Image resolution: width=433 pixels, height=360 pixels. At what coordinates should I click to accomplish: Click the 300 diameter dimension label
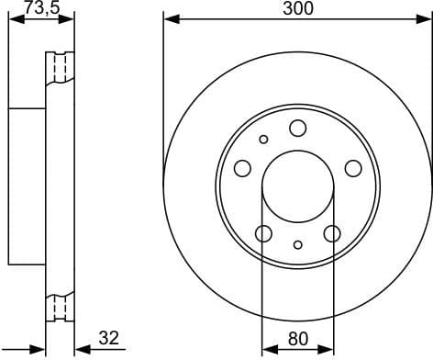298,8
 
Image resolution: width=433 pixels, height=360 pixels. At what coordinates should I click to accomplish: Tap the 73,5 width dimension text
40,8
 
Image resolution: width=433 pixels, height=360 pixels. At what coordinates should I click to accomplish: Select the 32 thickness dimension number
108,338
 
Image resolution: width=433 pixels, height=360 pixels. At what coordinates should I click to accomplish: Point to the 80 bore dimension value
298,338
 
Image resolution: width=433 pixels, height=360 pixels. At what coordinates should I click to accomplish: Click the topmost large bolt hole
298,128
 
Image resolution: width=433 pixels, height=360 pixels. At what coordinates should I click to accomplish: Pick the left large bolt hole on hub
243,168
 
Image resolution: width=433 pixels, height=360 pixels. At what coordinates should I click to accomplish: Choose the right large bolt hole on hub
353,168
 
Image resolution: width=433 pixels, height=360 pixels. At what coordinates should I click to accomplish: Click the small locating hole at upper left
264,140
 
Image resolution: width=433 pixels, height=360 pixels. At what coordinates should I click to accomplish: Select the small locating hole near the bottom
298,244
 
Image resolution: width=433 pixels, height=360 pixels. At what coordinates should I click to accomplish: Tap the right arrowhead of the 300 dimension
427,18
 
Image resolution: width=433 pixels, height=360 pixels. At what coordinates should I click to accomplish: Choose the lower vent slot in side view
62,305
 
